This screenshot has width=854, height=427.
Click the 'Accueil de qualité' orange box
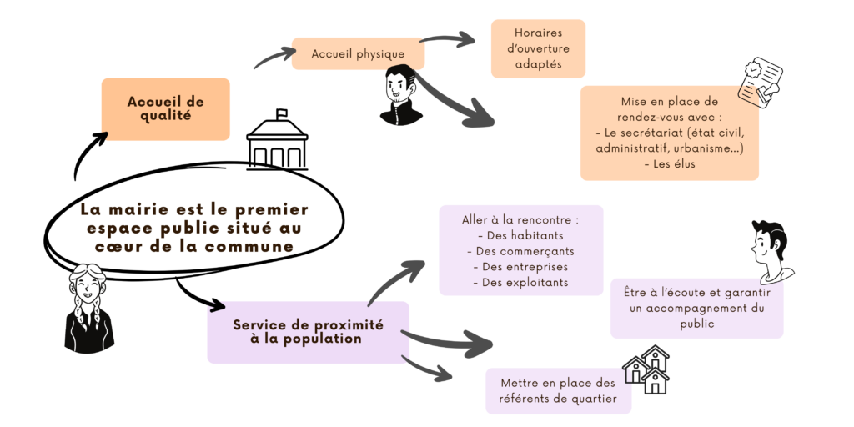[165, 108]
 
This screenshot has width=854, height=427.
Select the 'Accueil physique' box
[358, 54]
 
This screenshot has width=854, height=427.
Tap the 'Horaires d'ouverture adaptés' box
[538, 48]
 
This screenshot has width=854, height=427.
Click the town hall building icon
[278, 143]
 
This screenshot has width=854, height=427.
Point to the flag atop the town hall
[282, 113]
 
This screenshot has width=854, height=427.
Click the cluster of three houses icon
[647, 369]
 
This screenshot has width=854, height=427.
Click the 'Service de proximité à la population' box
[308, 332]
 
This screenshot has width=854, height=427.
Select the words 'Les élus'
[669, 164]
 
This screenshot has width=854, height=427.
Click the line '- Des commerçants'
[520, 251]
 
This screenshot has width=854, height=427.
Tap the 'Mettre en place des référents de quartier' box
[558, 391]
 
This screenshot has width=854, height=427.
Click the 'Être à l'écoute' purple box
[696, 308]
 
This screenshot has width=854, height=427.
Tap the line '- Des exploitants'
[520, 283]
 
